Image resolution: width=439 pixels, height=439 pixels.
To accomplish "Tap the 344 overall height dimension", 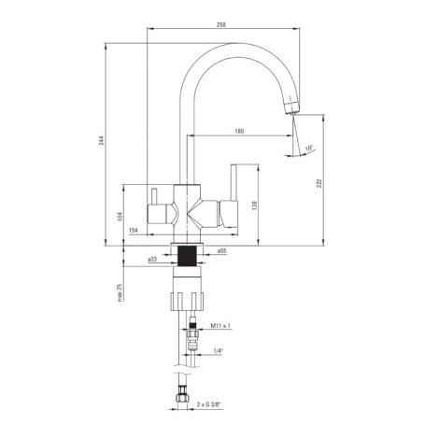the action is tap(102, 141).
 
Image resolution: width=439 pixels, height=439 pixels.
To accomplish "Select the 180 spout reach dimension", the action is tap(239, 131).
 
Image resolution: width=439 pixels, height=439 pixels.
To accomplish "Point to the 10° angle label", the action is tap(309, 149).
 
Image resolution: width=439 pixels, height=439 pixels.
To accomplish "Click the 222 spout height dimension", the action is tap(319, 183).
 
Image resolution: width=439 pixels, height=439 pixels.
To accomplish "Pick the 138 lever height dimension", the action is tap(255, 205).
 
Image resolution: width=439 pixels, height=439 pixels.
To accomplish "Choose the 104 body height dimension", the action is tap(120, 217).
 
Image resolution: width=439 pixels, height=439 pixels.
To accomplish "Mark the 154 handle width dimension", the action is tap(134, 230).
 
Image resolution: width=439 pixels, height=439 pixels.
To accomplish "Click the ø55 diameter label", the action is tap(221, 250).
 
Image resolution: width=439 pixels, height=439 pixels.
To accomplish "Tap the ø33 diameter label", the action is tap(152, 259).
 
